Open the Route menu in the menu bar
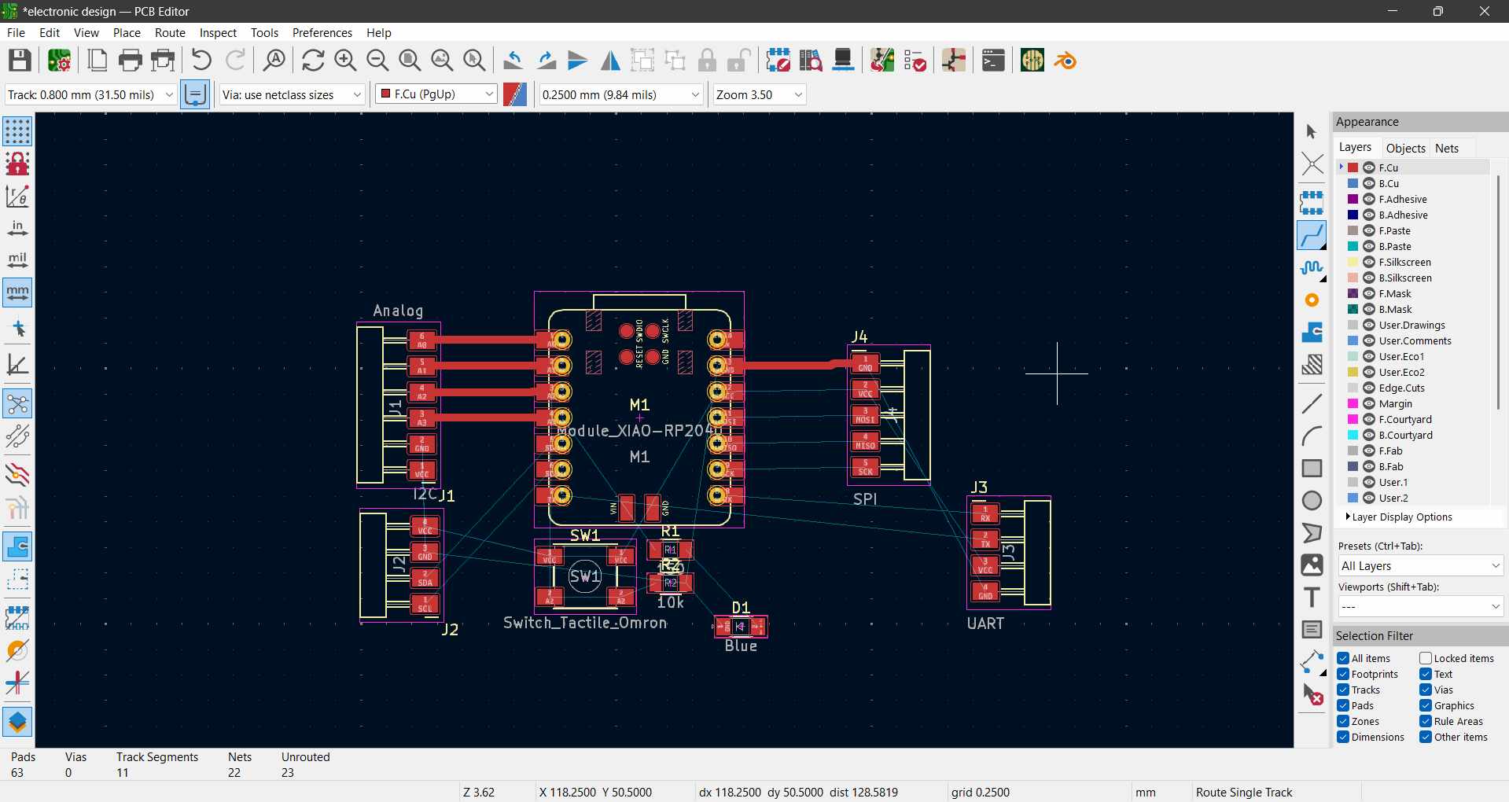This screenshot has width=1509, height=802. (x=170, y=32)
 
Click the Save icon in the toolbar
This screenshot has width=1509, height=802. (x=20, y=61)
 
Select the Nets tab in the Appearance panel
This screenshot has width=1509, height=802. (x=1446, y=148)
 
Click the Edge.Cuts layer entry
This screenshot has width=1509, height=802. (x=1401, y=388)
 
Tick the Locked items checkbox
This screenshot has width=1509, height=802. (x=1426, y=658)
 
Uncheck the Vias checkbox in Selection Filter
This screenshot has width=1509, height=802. (x=1426, y=690)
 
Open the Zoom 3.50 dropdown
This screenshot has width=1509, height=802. (x=760, y=94)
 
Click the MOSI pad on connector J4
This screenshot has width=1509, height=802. (x=865, y=415)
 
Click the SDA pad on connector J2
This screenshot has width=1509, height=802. (x=425, y=578)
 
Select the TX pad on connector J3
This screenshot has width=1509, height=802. (x=985, y=539)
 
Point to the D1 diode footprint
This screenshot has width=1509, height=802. (x=740, y=627)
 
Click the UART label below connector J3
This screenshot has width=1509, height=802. (x=985, y=624)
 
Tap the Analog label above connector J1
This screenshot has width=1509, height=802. (x=398, y=311)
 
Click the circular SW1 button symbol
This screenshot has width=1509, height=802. (x=585, y=576)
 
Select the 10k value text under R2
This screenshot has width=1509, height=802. (x=671, y=602)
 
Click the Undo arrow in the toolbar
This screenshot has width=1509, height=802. (x=201, y=61)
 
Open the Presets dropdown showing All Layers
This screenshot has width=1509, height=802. (x=1420, y=566)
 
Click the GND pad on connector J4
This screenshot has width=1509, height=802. (x=865, y=363)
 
